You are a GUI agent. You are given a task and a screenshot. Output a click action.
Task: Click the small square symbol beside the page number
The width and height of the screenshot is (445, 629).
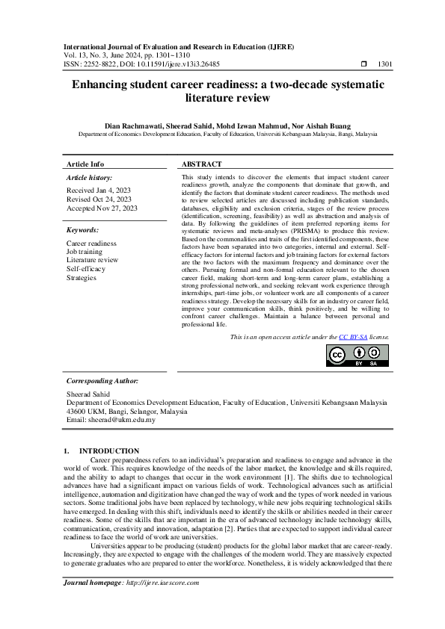[364, 65]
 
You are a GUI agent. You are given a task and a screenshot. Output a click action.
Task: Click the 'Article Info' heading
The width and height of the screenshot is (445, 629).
[85, 164]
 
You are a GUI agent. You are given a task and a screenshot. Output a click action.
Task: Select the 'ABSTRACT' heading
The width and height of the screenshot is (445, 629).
[202, 164]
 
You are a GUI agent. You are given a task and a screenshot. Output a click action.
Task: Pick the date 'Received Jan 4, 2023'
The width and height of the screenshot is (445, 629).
[99, 190]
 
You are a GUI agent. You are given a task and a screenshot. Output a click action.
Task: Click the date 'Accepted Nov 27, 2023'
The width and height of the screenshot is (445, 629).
[101, 208]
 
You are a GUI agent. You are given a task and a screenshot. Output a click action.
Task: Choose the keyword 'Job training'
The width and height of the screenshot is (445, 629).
[85, 252]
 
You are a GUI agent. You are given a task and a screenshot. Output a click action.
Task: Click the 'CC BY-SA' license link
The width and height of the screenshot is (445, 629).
[353, 337]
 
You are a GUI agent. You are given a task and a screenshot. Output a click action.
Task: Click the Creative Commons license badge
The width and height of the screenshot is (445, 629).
[357, 356]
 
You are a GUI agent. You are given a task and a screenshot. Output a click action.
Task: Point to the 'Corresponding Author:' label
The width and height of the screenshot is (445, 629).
[102, 380]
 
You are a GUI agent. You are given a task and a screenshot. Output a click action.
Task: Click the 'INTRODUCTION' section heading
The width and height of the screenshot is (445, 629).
[109, 450]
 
